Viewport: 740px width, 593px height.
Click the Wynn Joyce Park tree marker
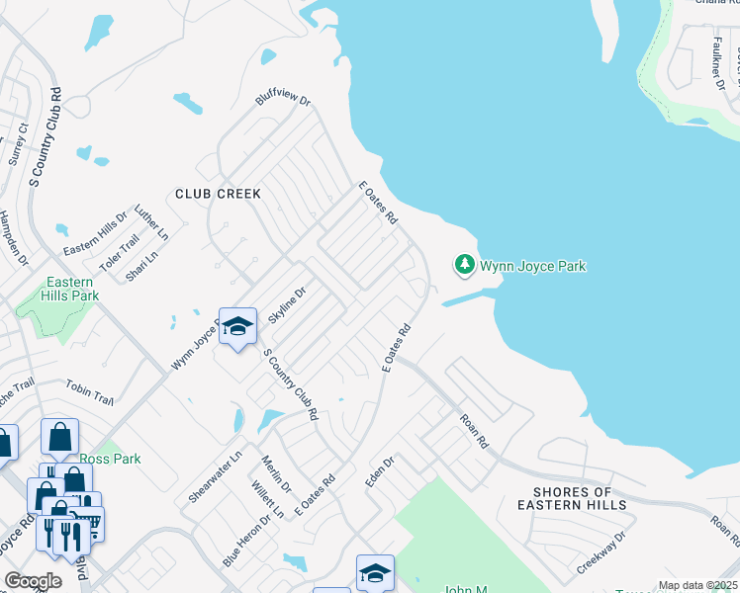click(464, 264)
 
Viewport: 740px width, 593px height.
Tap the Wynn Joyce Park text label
click(533, 266)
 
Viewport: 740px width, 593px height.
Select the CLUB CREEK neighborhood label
click(218, 194)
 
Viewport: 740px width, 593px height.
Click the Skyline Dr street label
click(289, 303)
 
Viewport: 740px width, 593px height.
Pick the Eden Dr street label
click(380, 470)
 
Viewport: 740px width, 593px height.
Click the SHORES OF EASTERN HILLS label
click(580, 498)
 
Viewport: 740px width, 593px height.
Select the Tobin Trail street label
click(90, 393)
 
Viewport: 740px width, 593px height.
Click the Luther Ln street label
click(152, 223)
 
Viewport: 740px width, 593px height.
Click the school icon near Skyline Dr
click(237, 327)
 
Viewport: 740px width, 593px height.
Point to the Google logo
click(33, 581)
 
